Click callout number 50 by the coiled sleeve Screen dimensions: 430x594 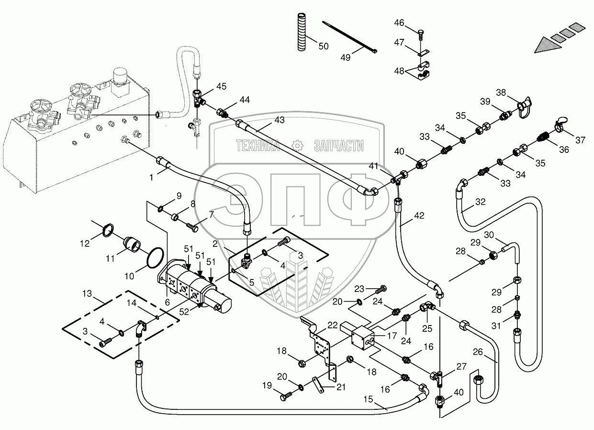(x=324, y=46)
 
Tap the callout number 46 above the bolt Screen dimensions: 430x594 (x=399, y=23)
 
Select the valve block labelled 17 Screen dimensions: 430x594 (x=361, y=337)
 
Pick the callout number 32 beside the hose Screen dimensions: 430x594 (x=480, y=202)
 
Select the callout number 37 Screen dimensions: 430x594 (x=580, y=139)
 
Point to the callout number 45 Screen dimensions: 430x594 (x=221, y=86)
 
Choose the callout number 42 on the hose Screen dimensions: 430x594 (x=419, y=216)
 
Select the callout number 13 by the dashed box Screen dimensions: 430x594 (x=87, y=293)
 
